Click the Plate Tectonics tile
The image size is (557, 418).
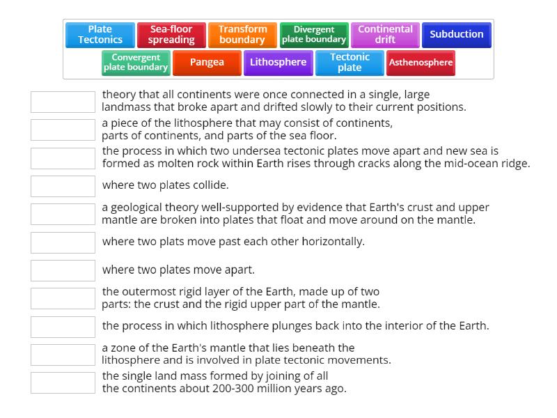point(100,35)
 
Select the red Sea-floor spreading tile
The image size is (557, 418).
point(171,35)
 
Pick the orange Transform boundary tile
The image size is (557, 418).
point(242,35)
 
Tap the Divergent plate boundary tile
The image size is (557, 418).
point(314,35)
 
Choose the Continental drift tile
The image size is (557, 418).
point(385,35)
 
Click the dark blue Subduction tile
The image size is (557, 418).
point(456,35)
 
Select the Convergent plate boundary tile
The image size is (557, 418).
point(136,63)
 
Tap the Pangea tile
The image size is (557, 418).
point(207,63)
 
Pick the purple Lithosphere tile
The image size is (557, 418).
point(278,63)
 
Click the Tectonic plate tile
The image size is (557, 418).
point(350,63)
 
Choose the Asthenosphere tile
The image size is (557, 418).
point(421,63)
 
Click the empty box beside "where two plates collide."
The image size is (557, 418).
point(63,186)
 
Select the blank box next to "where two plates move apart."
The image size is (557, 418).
point(63,270)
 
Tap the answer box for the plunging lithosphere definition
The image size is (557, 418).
point(63,327)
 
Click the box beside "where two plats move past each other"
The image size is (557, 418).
point(63,242)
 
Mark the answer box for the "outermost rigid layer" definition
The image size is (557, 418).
point(63,298)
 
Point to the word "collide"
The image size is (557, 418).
point(211,185)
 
